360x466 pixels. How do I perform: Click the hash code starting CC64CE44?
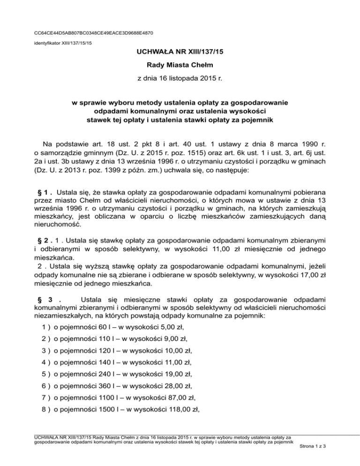[x=94, y=33]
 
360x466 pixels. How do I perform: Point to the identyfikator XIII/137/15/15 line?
[x=63, y=43]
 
